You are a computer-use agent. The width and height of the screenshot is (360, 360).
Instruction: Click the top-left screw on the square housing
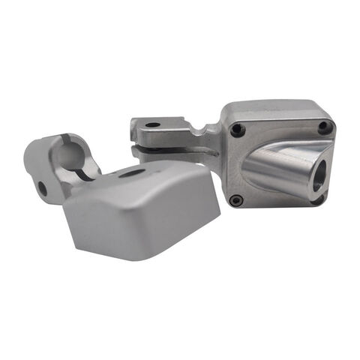[x=238, y=130]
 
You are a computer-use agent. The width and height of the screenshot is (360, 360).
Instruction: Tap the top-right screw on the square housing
[x=323, y=127]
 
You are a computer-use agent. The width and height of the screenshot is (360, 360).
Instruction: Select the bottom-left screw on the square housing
[x=235, y=200]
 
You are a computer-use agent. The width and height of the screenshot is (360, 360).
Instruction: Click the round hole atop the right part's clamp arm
[x=153, y=124]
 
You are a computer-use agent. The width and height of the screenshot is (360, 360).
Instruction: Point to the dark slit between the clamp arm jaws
[x=169, y=148]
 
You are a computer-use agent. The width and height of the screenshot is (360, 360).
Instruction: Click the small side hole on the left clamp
[x=43, y=189]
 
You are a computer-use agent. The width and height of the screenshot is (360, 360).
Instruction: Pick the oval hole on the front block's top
[x=133, y=173]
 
